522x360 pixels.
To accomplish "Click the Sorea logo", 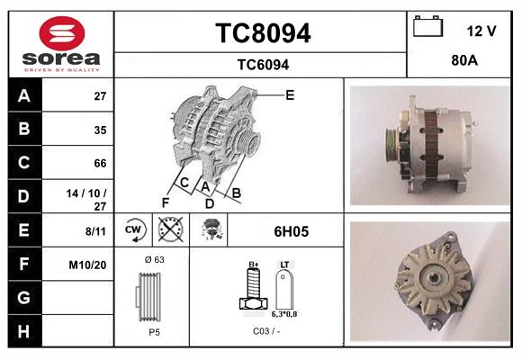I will click(x=61, y=43).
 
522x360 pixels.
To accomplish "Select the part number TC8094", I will click(x=262, y=33).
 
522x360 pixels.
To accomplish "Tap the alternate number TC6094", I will click(x=262, y=64).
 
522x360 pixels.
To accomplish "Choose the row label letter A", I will click(x=23, y=96).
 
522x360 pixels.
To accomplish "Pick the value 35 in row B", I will click(x=100, y=130).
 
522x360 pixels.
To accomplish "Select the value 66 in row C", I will click(x=100, y=163).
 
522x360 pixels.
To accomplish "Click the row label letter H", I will click(x=23, y=331).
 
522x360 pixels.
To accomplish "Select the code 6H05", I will click(x=290, y=231).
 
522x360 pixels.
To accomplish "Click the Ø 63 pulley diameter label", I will click(x=154, y=260).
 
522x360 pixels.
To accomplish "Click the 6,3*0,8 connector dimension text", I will click(x=284, y=314).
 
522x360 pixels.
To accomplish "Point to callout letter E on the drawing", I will click(x=290, y=94).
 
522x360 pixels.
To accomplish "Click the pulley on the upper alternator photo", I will click(x=392, y=142).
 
